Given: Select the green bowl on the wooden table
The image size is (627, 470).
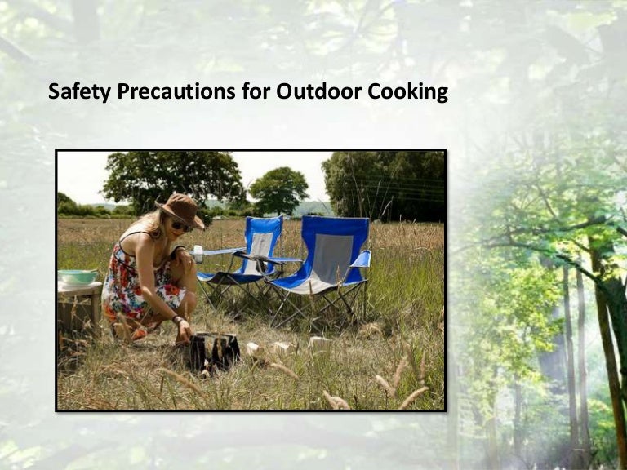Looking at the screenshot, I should click(78, 277).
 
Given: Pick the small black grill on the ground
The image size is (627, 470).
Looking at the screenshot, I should click(214, 352).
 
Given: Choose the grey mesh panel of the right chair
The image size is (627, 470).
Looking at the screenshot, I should click(332, 259).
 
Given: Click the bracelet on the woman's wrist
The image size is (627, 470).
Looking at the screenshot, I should click(176, 320).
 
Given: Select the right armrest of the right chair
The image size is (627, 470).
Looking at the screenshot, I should click(362, 259).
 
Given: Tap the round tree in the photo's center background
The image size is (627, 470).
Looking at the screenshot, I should click(278, 190).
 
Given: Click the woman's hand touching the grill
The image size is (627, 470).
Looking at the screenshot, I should click(184, 332).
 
